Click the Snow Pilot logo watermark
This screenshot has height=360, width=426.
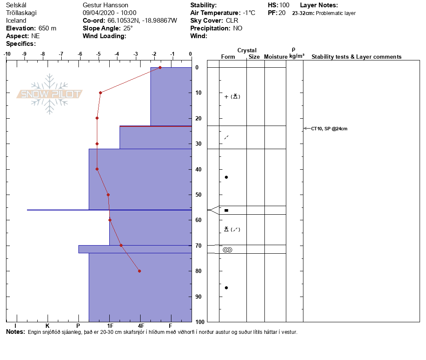[50, 94]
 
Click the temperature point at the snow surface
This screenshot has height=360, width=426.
[160, 67]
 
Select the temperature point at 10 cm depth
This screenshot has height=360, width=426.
[100, 93]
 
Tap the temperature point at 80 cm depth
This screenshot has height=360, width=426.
[139, 271]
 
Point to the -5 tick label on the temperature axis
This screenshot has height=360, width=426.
[99, 54]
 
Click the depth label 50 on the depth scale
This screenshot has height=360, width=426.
[198, 195]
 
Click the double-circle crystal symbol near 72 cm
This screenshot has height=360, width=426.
[227, 250]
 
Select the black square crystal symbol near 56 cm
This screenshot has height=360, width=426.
[226, 210]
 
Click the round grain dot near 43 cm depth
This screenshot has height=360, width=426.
[226, 177]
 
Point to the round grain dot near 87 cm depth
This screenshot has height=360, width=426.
[226, 288]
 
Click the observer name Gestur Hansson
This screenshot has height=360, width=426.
[105, 5]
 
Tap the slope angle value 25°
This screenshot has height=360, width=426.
[128, 28]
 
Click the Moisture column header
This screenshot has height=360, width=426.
[276, 57]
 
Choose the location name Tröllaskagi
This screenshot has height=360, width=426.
[21, 13]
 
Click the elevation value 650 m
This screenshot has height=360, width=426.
[47, 28]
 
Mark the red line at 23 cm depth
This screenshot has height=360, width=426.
[156, 126]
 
